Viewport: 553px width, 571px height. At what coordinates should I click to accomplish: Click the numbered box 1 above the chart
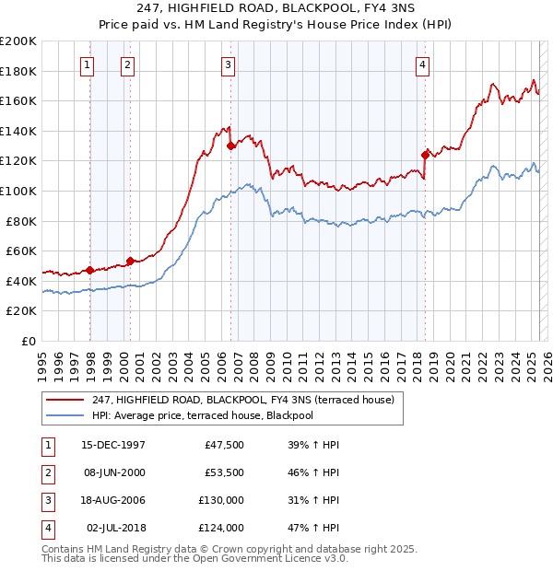click(87, 64)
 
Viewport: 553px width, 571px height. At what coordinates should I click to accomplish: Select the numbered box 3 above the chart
click(228, 64)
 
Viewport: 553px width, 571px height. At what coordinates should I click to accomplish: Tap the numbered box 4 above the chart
click(421, 64)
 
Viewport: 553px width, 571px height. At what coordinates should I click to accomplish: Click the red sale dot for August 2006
click(230, 146)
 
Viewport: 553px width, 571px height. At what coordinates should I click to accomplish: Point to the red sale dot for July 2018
click(425, 155)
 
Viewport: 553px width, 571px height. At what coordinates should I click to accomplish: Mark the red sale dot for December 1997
click(90, 270)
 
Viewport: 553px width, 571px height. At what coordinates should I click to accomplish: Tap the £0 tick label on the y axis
click(28, 341)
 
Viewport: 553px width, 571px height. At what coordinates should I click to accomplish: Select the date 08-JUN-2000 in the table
click(113, 472)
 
